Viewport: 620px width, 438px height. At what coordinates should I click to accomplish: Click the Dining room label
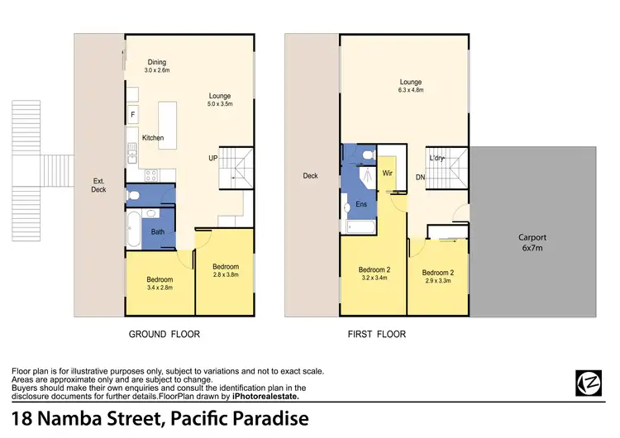tap(157, 62)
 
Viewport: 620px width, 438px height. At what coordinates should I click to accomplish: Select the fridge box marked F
tap(132, 115)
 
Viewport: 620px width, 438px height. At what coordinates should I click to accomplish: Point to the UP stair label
tap(212, 158)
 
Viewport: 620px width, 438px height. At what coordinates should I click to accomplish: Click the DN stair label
tap(420, 177)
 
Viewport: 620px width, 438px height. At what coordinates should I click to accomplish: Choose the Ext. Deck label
tap(98, 184)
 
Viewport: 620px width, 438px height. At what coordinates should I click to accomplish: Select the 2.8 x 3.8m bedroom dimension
tap(225, 275)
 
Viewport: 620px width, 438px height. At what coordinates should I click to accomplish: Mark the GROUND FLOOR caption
tap(164, 335)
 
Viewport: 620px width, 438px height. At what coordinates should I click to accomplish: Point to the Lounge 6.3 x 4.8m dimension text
tap(411, 91)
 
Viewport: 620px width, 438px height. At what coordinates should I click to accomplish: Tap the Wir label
tap(388, 174)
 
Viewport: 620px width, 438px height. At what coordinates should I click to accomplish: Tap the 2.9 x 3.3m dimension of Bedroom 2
tap(438, 282)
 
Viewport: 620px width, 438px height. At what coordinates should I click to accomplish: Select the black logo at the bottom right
tap(588, 382)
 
